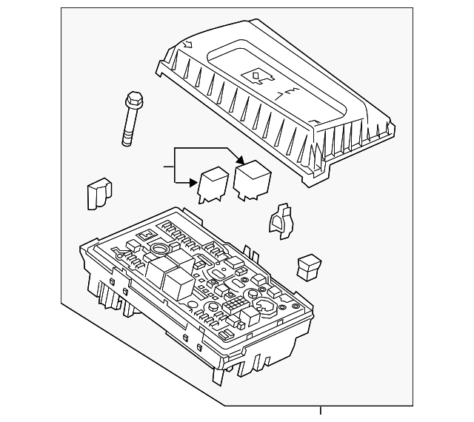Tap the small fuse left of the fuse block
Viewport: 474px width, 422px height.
pyautogui.click(x=98, y=194)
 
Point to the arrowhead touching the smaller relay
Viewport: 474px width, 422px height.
pyautogui.click(x=194, y=181)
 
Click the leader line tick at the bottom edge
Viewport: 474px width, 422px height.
pyautogui.click(x=321, y=412)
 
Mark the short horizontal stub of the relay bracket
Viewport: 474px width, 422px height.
pyautogui.click(x=168, y=168)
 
